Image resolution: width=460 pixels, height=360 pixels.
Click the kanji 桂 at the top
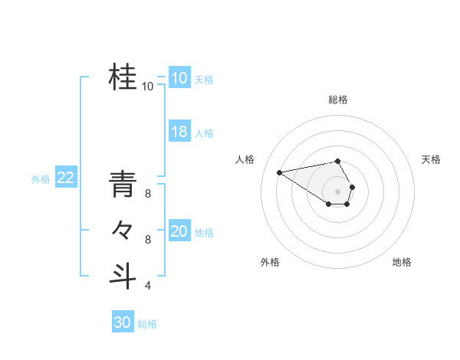pyautogui.click(x=123, y=77)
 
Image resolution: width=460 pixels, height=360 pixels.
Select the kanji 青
pyautogui.click(x=123, y=185)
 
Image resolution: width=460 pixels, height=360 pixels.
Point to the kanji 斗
pyautogui.click(x=123, y=275)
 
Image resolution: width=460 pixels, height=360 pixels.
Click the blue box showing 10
pyautogui.click(x=179, y=78)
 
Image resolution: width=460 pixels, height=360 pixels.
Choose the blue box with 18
pyautogui.click(x=179, y=132)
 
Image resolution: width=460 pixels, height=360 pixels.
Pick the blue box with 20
pyautogui.click(x=179, y=231)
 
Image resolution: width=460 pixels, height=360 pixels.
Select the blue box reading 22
pyautogui.click(x=65, y=178)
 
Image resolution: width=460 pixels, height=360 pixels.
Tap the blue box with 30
pyautogui.click(x=123, y=322)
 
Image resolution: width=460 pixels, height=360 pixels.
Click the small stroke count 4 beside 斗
pyautogui.click(x=148, y=286)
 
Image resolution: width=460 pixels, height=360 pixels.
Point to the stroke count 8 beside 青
pyautogui.click(x=148, y=195)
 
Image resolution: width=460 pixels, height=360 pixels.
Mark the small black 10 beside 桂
pyautogui.click(x=148, y=87)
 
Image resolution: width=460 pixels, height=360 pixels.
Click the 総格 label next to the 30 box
pyautogui.click(x=147, y=324)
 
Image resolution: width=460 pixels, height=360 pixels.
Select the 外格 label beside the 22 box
pyautogui.click(x=41, y=179)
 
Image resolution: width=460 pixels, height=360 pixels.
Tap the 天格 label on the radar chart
pyautogui.click(x=432, y=159)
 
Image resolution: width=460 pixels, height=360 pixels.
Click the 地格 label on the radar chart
pyautogui.click(x=402, y=262)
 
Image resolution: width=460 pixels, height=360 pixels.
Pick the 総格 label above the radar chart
pyautogui.click(x=338, y=100)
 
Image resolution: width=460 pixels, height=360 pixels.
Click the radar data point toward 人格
pyautogui.click(x=280, y=172)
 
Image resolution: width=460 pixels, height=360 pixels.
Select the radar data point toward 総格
pyautogui.click(x=338, y=161)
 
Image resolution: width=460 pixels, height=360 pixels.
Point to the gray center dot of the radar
pyautogui.click(x=338, y=191)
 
